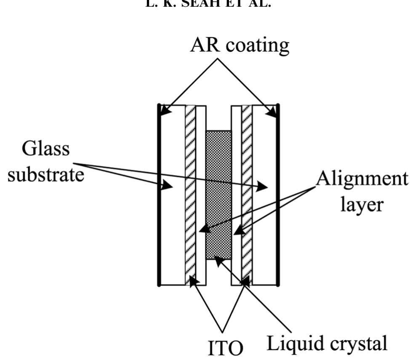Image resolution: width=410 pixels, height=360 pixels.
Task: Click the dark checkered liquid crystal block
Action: pos(218,194)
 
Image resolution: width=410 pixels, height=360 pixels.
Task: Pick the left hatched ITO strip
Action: pos(191,194)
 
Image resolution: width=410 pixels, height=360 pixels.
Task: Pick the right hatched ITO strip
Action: pos(247,194)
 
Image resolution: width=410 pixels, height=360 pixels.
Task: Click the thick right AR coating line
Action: pos(278,194)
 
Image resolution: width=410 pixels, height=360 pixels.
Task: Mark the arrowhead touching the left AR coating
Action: pos(163,112)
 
